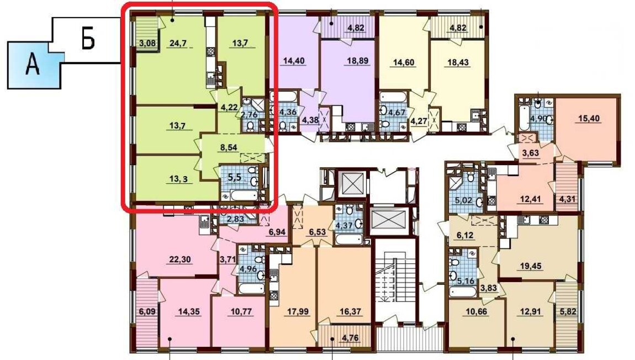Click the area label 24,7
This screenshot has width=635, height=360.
(x=178, y=43)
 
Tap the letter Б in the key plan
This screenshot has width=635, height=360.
(x=88, y=39)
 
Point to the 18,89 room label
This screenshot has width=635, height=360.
(x=358, y=61)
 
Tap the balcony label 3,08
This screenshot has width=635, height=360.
(x=147, y=43)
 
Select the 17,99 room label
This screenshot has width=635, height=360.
(x=297, y=312)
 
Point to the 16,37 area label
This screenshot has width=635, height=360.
(x=350, y=312)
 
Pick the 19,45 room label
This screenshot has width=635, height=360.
(x=531, y=266)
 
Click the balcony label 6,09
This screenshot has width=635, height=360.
(x=147, y=312)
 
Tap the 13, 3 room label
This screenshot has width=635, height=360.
(x=178, y=178)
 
